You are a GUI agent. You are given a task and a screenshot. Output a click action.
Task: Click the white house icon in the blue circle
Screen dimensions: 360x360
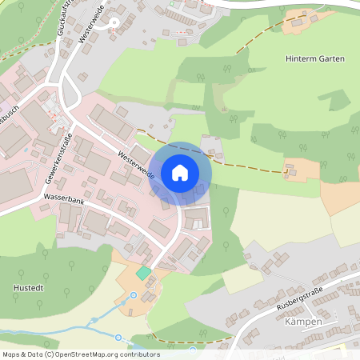[x=180, y=173]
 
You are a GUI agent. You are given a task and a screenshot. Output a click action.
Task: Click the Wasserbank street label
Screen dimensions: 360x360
[x=64, y=204]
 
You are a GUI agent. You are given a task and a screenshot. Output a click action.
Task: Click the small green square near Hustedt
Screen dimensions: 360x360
[x=143, y=274]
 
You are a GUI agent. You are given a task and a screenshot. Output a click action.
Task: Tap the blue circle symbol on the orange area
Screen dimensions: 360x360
[x=134, y=295]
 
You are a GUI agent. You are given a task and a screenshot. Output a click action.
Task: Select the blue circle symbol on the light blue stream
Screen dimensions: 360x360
[x=118, y=338]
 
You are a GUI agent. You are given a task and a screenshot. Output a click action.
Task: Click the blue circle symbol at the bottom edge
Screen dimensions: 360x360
[x=192, y=350]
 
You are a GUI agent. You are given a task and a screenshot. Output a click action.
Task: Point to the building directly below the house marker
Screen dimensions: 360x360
[x=194, y=218]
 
